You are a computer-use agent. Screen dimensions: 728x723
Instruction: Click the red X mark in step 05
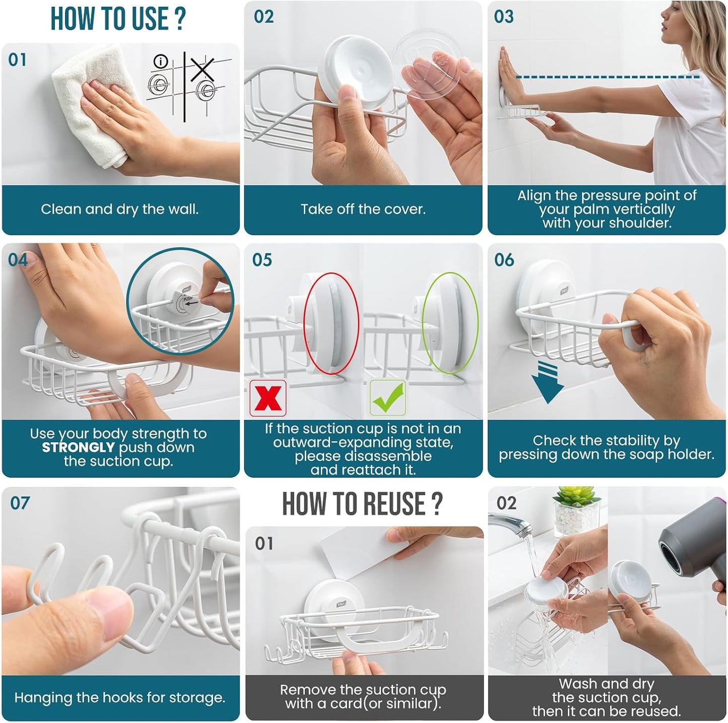(x=268, y=398)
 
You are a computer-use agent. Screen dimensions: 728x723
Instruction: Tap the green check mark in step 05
(x=387, y=398)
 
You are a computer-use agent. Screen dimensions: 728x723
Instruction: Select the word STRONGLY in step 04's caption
(x=78, y=448)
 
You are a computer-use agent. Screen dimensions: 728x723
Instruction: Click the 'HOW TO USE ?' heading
(x=118, y=18)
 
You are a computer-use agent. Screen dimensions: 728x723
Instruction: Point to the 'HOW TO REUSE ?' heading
(x=362, y=503)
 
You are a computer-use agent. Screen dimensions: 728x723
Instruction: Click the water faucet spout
(x=512, y=523)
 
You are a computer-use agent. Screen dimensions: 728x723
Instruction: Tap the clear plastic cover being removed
(x=426, y=65)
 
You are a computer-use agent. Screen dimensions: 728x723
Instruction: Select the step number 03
(x=504, y=17)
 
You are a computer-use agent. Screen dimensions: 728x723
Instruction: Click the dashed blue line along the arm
(x=608, y=77)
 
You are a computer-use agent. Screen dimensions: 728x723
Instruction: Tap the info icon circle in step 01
(x=161, y=61)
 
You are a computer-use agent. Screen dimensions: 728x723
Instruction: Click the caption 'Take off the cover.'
(x=363, y=209)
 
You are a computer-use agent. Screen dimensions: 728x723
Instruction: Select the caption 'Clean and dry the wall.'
(x=120, y=209)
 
